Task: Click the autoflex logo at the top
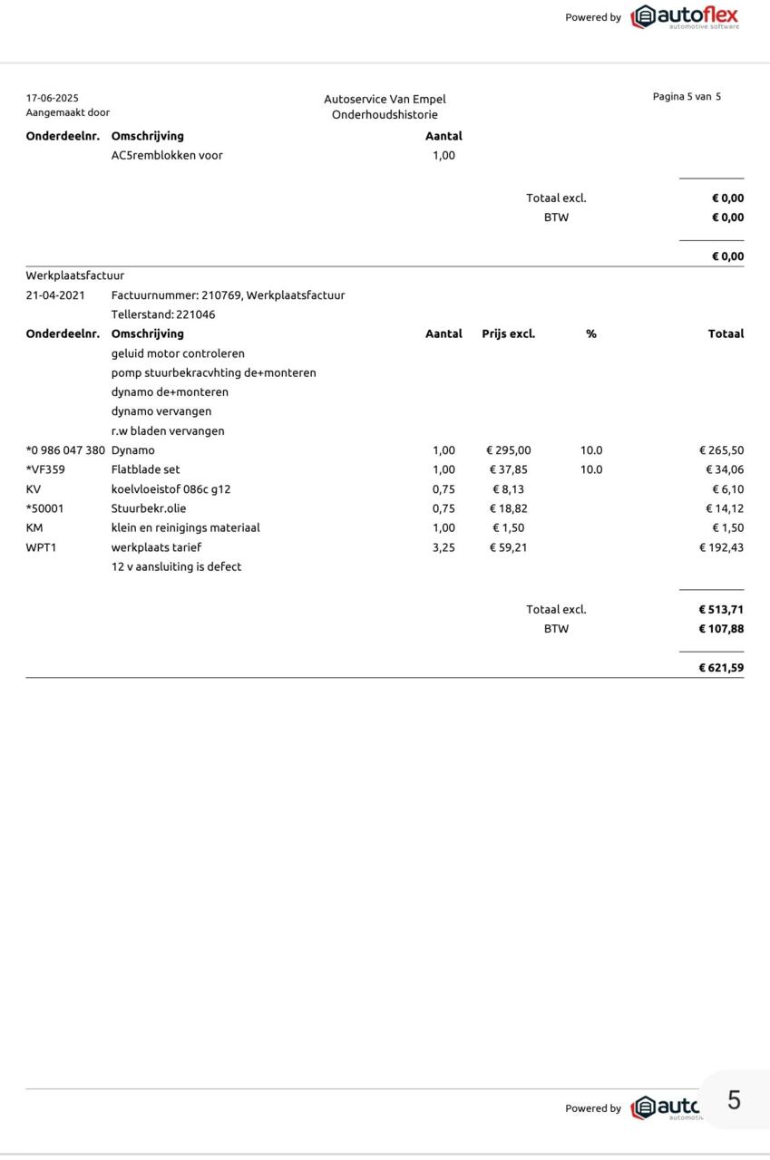[685, 16]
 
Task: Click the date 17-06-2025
[53, 98]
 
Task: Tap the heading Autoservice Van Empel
[385, 99]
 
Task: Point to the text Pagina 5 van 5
[687, 96]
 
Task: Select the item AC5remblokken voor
[167, 155]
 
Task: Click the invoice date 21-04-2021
[55, 295]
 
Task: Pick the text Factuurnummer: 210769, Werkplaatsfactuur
[228, 295]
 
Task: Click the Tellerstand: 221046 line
[163, 314]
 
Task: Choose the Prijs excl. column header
[508, 333]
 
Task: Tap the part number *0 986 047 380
[65, 449]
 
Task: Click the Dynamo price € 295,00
[509, 449]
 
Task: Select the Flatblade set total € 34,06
[724, 469]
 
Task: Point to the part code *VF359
[45, 469]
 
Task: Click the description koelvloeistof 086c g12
[171, 488]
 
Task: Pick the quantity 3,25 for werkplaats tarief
[443, 546]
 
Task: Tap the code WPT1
[41, 546]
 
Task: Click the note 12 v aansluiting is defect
[176, 566]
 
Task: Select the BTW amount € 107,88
[720, 628]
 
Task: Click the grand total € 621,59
[720, 668]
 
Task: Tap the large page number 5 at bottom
[734, 1099]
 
